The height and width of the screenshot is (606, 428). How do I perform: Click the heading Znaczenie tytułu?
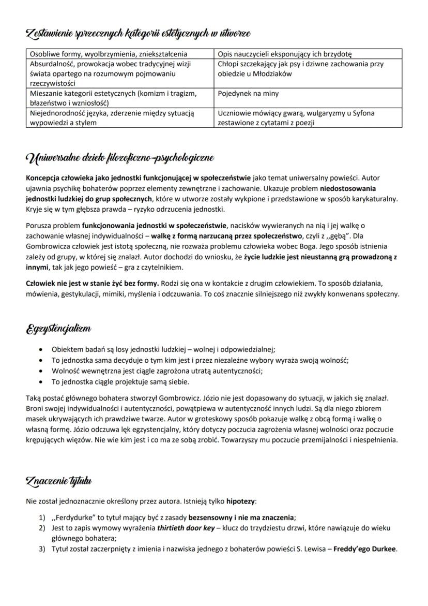(58, 481)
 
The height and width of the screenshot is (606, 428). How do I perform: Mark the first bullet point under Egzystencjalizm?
(41, 349)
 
